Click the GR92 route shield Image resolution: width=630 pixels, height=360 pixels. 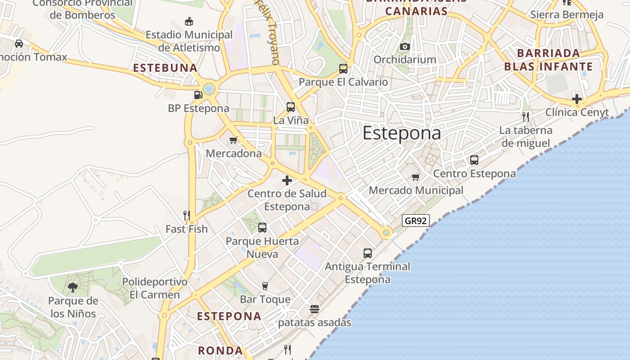click(x=416, y=220)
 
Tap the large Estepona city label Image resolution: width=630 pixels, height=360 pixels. click(x=401, y=133)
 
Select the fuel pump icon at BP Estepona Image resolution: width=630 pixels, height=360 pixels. click(x=198, y=94)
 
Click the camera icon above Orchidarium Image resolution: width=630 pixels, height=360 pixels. click(x=405, y=46)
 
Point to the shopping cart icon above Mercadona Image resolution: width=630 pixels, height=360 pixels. click(x=233, y=140)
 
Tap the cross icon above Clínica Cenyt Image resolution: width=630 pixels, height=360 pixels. click(x=577, y=99)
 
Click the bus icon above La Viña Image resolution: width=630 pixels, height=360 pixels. click(x=291, y=107)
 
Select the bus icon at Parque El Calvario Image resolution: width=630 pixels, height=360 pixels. click(x=343, y=69)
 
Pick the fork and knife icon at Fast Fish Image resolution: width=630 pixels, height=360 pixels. click(x=187, y=216)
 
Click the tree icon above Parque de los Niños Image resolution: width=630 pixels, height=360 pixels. click(x=73, y=287)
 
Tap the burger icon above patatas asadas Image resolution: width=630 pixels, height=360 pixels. click(x=314, y=309)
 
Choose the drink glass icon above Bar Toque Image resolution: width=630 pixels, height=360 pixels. click(x=265, y=286)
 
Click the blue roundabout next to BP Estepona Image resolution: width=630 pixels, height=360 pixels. click(x=209, y=89)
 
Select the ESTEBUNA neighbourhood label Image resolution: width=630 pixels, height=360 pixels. click(x=165, y=68)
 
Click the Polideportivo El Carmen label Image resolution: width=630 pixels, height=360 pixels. click(x=155, y=288)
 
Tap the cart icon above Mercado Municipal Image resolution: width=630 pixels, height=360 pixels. click(x=415, y=177)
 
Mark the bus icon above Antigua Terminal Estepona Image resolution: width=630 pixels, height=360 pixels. click(x=368, y=253)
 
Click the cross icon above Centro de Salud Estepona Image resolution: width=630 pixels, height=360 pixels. click(x=287, y=180)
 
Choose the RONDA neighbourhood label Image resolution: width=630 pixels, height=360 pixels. click(x=220, y=350)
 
